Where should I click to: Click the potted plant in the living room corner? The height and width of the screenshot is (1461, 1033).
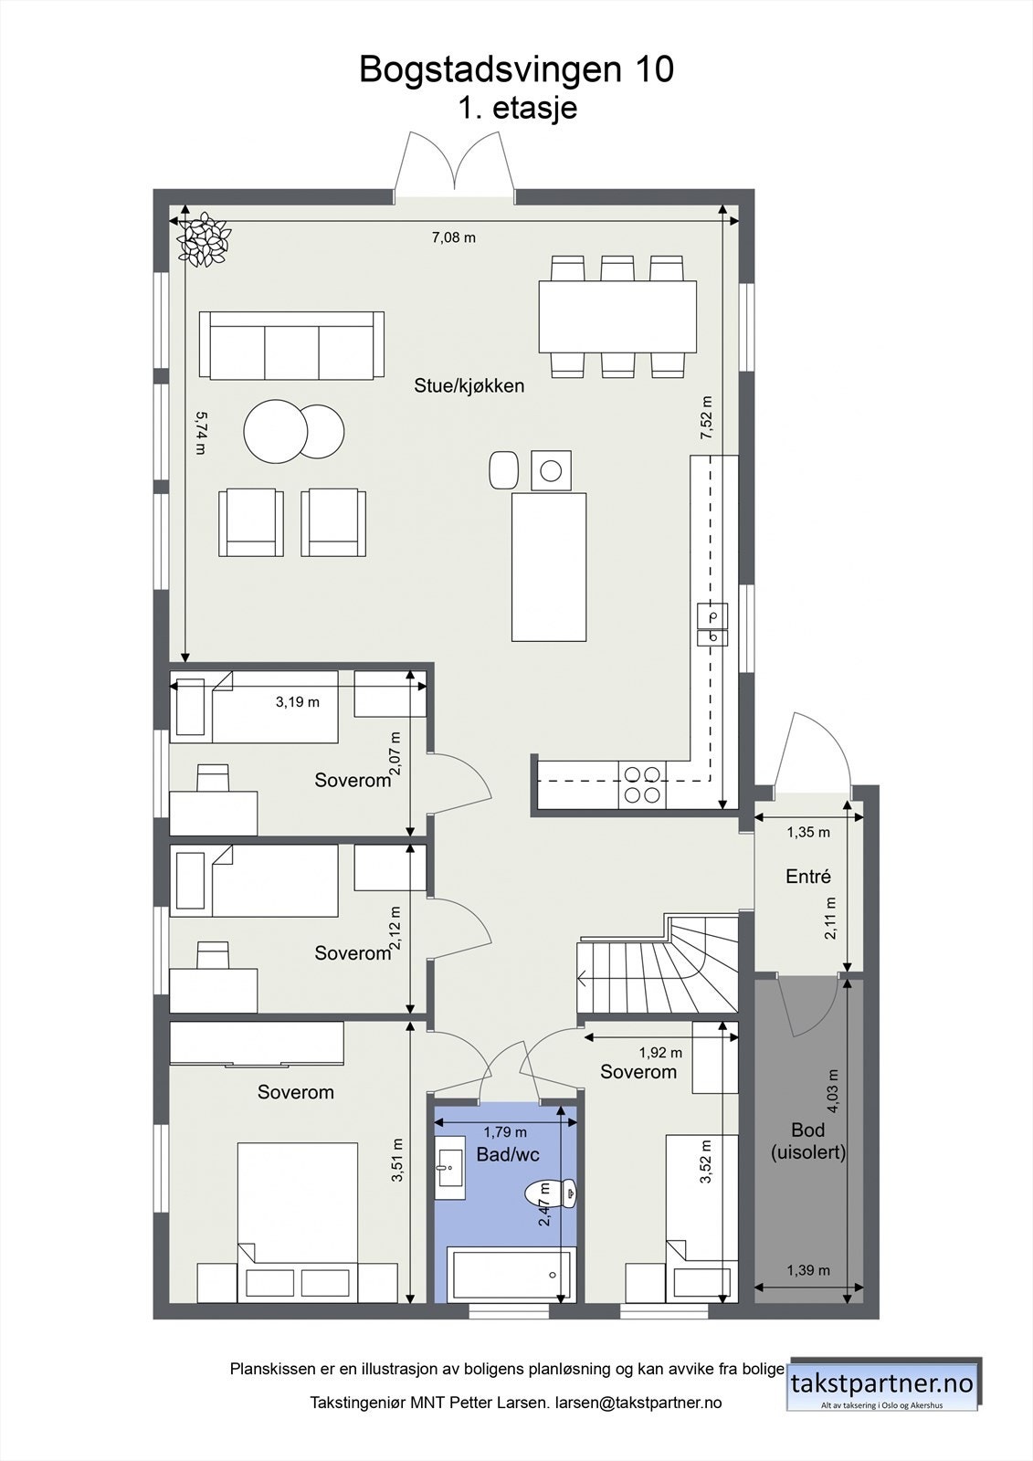[x=203, y=240]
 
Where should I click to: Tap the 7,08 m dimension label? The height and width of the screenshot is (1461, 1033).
[x=454, y=238]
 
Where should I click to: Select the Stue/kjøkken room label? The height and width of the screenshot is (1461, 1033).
[x=469, y=385]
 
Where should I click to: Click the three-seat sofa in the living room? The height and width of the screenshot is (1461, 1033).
[x=291, y=345]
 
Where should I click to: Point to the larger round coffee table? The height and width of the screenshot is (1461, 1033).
[x=275, y=432]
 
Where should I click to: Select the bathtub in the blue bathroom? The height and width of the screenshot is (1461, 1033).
[x=509, y=1276]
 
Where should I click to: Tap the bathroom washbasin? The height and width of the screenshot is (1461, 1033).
[x=449, y=1167]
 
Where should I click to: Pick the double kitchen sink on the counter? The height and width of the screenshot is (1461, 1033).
[x=712, y=625]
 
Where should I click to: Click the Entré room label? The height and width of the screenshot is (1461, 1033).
[x=808, y=877]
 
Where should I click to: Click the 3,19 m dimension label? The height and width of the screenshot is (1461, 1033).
[x=298, y=702]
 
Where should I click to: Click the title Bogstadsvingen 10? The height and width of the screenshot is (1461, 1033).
[x=516, y=69]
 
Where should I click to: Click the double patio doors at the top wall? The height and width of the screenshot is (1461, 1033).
[x=454, y=169]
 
